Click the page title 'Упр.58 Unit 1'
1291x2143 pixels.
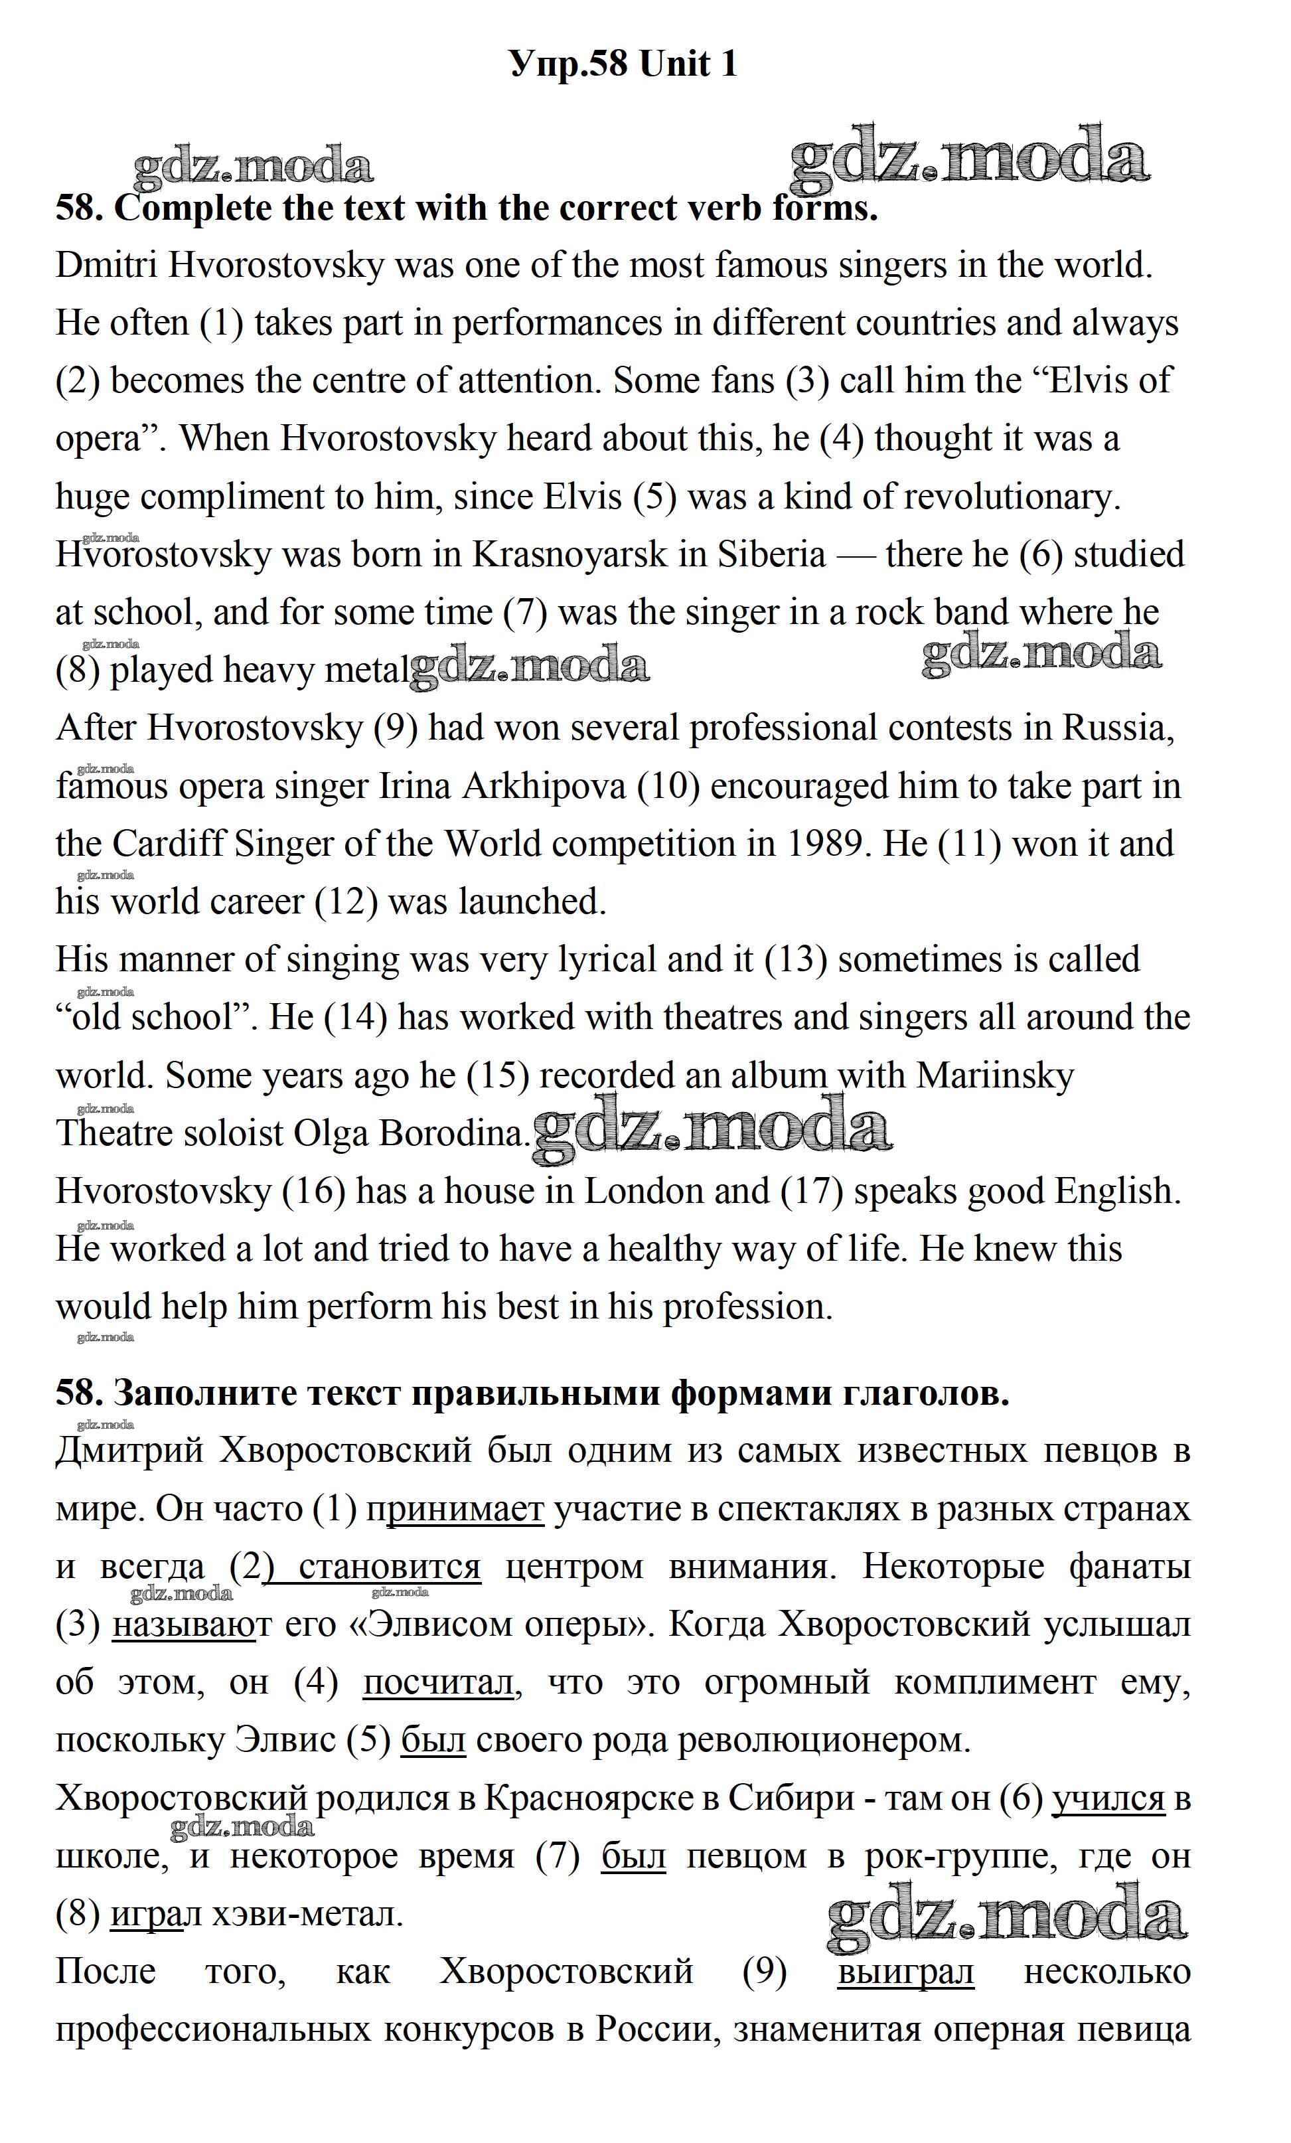click(623, 64)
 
